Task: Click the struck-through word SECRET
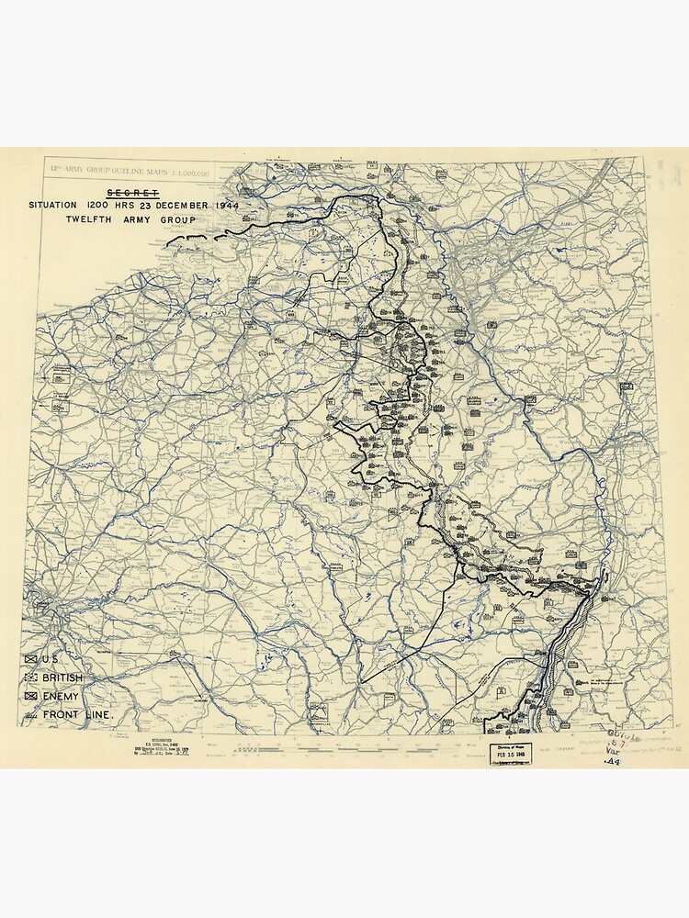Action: tap(133, 192)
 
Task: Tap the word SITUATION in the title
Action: tap(55, 205)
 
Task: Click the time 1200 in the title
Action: tap(101, 205)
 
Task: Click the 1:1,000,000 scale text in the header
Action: tap(187, 172)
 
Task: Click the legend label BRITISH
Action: tap(62, 677)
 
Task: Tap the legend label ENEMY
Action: tap(60, 697)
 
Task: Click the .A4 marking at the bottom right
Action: tap(611, 761)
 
